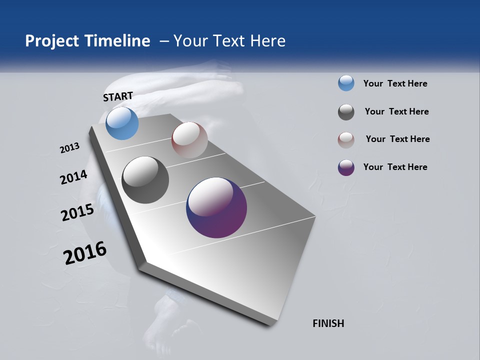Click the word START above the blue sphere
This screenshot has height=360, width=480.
[x=118, y=96]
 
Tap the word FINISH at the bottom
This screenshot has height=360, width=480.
[x=328, y=323]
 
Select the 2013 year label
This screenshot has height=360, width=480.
[x=70, y=148]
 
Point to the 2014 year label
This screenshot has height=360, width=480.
[x=74, y=177]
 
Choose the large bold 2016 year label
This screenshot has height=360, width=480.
[x=85, y=253]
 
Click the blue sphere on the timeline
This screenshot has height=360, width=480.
[x=122, y=123]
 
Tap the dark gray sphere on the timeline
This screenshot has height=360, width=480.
[x=145, y=180]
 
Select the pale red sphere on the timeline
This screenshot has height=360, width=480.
[x=189, y=140]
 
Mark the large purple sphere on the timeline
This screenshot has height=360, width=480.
[x=216, y=207]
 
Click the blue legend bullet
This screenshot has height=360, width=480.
[x=346, y=83]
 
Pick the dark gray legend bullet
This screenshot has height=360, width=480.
[x=346, y=112]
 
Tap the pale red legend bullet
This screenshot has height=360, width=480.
[x=346, y=139]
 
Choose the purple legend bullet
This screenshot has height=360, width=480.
[x=346, y=167]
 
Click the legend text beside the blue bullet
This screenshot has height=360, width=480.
[x=395, y=83]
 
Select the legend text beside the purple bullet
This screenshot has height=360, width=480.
[x=395, y=167]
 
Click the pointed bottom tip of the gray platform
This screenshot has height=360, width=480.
[x=270, y=325]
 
